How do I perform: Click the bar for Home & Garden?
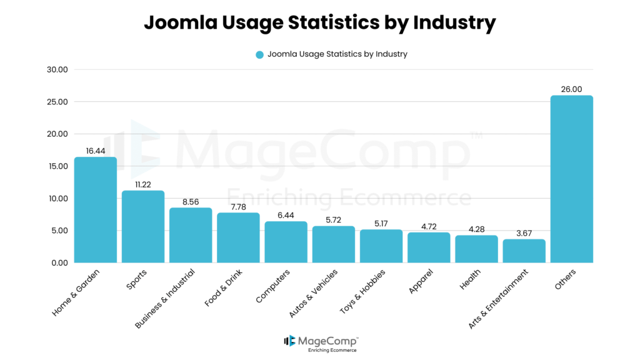coord(96,210)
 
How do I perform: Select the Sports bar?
coord(143,227)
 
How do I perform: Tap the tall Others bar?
coord(572,179)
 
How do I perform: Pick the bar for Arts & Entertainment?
coord(524,251)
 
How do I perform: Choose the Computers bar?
coord(286,242)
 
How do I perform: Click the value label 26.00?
coord(572,89)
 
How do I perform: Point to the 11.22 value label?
coord(143,184)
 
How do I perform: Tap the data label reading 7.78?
coord(238,206)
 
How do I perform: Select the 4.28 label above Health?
coord(476,229)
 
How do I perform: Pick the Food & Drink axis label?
coord(224,287)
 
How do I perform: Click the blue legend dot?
coord(259,54)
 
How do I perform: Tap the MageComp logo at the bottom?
coord(320,342)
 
